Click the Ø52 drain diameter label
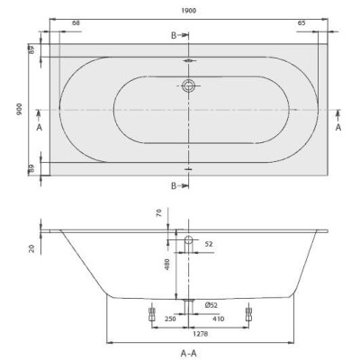(210, 304)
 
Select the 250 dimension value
(168, 318)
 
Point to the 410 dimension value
(219, 318)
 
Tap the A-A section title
(188, 352)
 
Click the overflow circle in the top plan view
(189, 86)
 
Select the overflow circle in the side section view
(189, 240)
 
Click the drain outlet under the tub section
(189, 301)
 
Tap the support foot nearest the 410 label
(249, 316)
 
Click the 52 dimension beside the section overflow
(209, 244)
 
